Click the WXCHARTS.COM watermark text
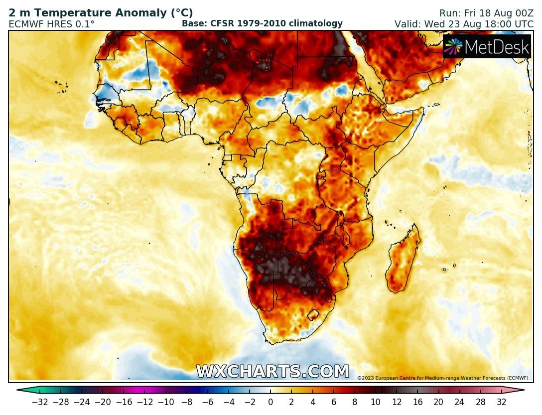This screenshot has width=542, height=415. coord(272,372)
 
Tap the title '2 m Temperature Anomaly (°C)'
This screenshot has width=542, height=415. coord(101,13)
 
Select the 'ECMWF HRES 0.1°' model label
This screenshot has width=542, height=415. coord(51,24)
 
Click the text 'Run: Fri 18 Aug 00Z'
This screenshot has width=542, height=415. coord(486,13)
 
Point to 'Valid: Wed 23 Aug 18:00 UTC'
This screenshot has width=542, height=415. coord(464,24)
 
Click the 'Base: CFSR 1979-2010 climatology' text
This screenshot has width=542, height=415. coord(262,23)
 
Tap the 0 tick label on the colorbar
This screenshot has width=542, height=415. coord(271,402)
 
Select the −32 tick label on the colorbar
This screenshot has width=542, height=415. coord(39,402)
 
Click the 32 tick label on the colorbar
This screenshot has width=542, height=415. coord(501,402)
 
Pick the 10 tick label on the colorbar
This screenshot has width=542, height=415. coord(376,402)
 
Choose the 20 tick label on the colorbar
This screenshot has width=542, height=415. coord(438,402)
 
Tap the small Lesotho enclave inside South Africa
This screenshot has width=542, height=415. coord(313,315)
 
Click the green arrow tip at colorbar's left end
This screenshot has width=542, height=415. coord(20,390)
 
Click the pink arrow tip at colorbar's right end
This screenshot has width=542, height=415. coord(521,390)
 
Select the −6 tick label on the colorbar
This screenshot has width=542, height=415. coord(208,402)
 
